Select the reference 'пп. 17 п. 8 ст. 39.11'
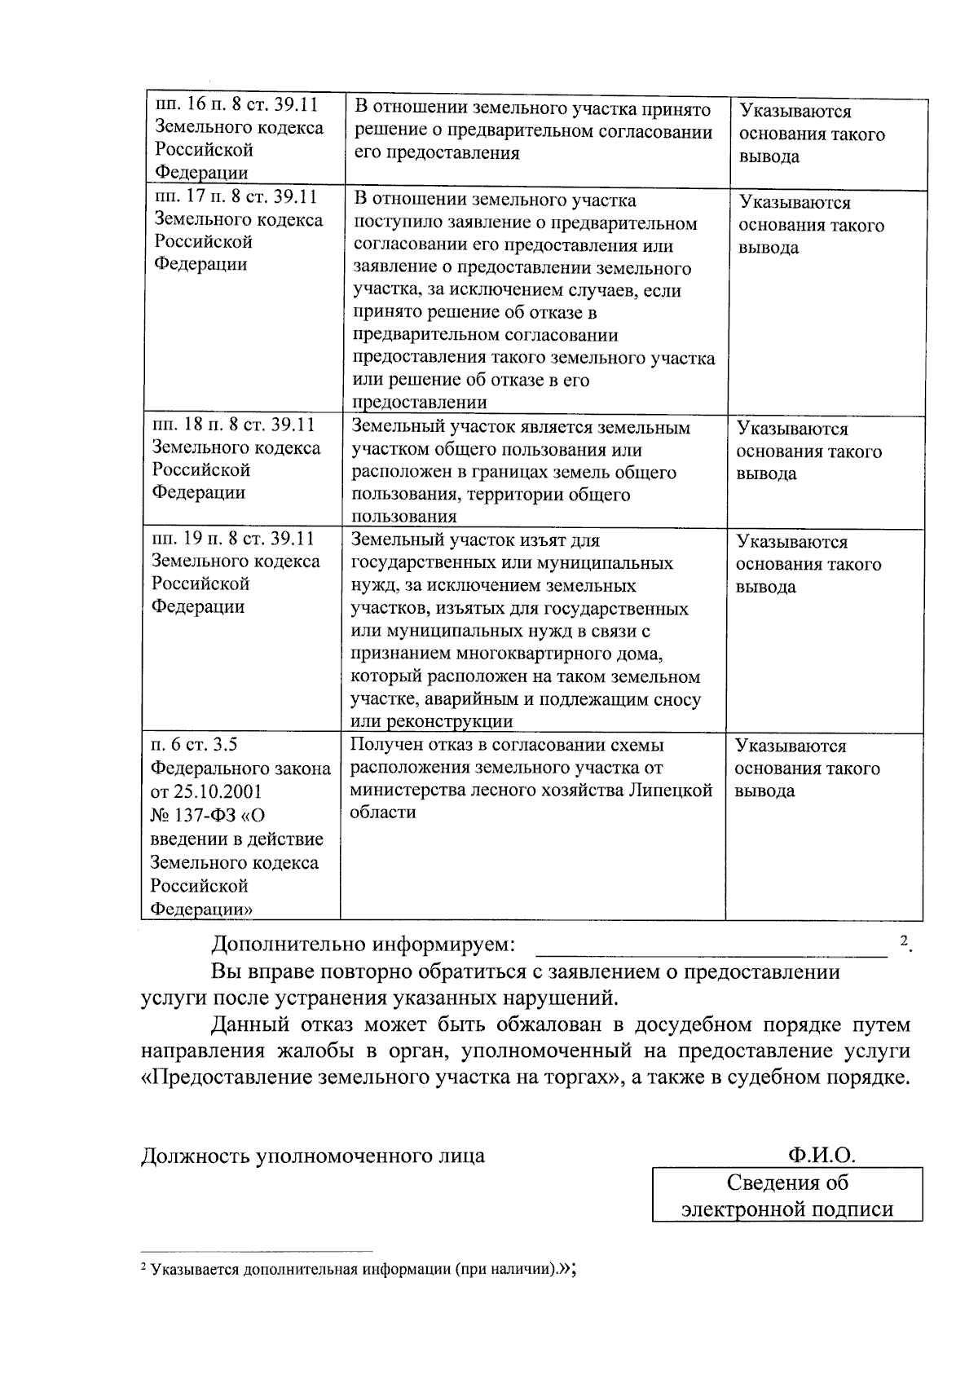tap(236, 196)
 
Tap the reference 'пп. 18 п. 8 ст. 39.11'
tap(233, 425)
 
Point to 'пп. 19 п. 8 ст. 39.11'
tap(233, 539)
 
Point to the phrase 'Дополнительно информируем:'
tap(363, 945)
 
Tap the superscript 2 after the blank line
tap(904, 940)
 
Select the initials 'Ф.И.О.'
tap(822, 1155)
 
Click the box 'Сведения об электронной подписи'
tap(787, 1195)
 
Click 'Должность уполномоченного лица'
tap(313, 1156)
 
